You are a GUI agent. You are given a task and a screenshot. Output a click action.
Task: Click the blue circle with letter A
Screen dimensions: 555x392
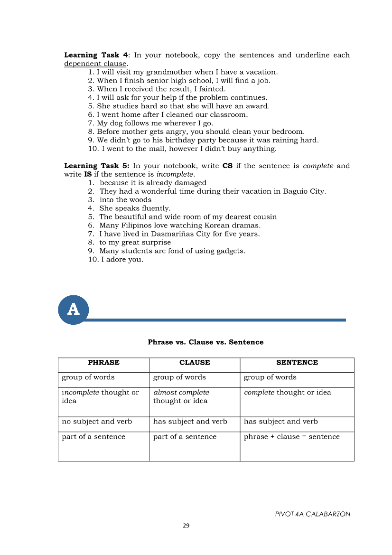tap(74, 310)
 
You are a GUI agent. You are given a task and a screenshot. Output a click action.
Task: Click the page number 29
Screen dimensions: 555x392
tap(186, 526)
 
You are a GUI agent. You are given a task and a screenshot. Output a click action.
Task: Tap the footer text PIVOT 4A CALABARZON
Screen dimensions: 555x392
tap(312, 514)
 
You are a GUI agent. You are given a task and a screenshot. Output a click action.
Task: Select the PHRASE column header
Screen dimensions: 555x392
tap(103, 363)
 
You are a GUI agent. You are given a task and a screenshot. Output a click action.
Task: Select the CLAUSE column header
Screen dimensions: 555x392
tap(195, 363)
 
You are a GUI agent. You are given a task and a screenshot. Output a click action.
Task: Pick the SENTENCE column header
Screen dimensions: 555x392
tap(297, 363)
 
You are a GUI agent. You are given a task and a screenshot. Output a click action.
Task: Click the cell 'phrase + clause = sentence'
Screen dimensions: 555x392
tap(292, 437)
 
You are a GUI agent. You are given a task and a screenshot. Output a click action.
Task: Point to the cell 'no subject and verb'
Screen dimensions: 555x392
tap(97, 422)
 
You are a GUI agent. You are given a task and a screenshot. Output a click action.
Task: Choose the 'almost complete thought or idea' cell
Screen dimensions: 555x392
tap(181, 397)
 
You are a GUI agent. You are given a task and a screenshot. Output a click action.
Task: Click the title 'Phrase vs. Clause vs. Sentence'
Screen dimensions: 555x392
tap(205, 342)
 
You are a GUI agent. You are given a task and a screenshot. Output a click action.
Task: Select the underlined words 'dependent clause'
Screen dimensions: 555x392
tap(95, 64)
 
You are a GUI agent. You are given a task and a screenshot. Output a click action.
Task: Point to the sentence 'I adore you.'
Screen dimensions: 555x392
tap(122, 260)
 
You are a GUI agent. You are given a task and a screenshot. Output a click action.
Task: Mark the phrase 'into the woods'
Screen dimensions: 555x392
tap(125, 200)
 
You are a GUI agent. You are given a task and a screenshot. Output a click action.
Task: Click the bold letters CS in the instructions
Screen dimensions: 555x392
tap(227, 166)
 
